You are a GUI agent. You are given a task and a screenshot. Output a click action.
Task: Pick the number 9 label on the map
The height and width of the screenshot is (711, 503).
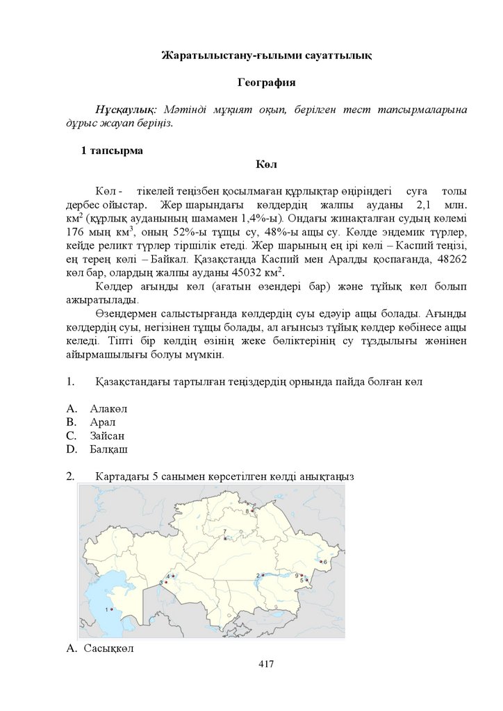click(297, 576)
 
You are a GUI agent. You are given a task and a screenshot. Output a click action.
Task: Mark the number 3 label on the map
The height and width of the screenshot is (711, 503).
click(161, 582)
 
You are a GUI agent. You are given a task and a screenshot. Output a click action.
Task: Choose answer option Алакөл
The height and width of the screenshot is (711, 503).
click(108, 408)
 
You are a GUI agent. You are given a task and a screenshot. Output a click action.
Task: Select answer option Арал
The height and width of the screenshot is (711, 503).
click(102, 422)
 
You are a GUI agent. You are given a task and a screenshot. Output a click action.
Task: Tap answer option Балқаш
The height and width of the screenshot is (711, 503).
click(108, 450)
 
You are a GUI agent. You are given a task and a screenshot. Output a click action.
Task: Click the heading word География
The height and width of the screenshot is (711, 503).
click(266, 83)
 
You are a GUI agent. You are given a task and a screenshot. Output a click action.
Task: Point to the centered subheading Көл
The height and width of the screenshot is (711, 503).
click(266, 165)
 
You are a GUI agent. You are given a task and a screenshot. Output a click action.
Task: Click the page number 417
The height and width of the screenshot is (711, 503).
click(266, 664)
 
